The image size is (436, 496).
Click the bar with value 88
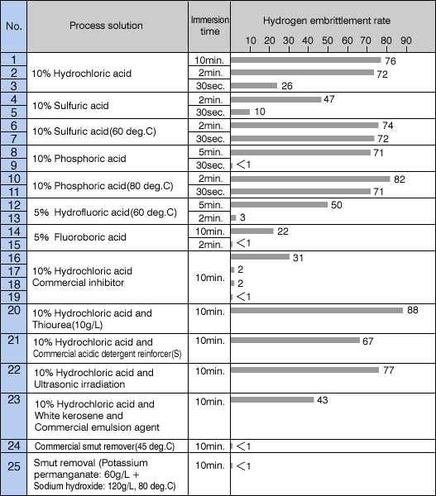317,310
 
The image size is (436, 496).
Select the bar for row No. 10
310,179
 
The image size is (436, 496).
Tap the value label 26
287,86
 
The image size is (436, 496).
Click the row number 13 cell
14,218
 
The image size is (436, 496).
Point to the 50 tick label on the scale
328,41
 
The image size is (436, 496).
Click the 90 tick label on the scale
406,41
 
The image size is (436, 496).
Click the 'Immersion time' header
209,26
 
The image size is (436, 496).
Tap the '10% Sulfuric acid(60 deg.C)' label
94,131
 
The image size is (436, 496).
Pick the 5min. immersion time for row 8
211,152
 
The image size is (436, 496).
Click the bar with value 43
272,400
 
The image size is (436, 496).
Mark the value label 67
368,341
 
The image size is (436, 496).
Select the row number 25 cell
14,474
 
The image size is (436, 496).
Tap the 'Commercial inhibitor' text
78,283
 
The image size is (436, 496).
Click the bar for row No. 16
260,257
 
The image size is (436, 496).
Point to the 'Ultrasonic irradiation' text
79,384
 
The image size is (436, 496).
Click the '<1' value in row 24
243,446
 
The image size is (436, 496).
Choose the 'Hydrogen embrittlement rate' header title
327,21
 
